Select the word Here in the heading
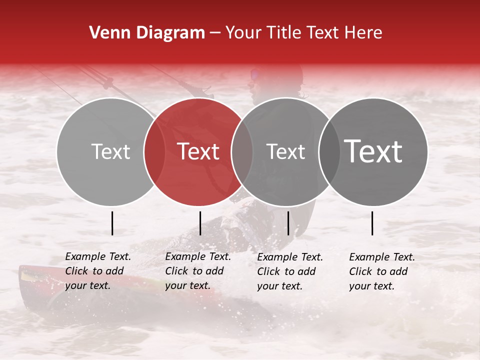(364, 33)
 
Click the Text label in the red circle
(198, 151)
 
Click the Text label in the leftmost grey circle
(110, 151)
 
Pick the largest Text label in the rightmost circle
(373, 151)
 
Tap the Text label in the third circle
(285, 151)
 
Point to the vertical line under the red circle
(200, 223)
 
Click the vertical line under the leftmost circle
(112, 223)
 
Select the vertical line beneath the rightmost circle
(372, 223)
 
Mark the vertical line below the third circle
(288, 223)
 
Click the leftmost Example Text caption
(97, 271)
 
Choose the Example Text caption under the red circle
(197, 271)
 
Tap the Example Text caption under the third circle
(289, 271)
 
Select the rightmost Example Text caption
(381, 271)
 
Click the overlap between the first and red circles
(154, 151)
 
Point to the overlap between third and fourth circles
(329, 151)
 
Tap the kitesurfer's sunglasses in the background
(255, 75)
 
